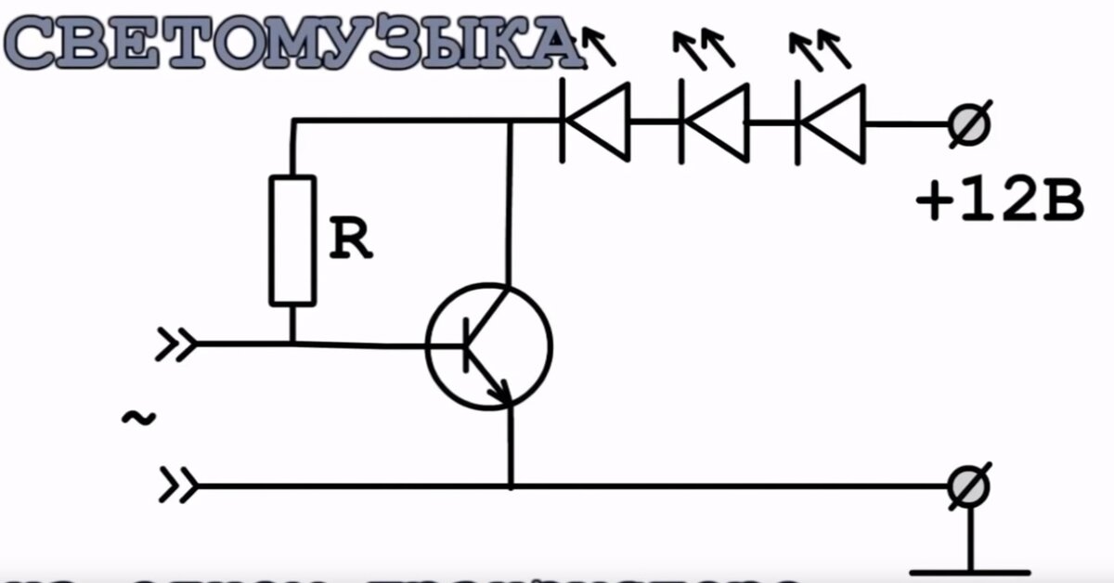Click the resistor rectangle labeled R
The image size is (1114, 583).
pos(292,240)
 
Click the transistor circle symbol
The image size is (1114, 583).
pos(488,346)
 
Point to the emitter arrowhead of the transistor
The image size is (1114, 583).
pos(501,394)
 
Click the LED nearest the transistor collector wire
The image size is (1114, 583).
pos(595,121)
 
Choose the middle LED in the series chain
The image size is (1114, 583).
pos(714,121)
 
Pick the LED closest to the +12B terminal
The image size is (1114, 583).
pos(831,121)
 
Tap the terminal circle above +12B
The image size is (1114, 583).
pos(969,122)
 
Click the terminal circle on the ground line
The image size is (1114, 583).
pos(969,486)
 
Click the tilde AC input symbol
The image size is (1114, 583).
pos(138,419)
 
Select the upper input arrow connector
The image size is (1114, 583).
pos(176,344)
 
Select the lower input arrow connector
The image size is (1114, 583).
pos(176,485)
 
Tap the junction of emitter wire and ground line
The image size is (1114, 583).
pos(510,486)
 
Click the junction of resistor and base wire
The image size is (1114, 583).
pos(292,344)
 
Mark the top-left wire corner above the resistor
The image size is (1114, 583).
pos(293,121)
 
